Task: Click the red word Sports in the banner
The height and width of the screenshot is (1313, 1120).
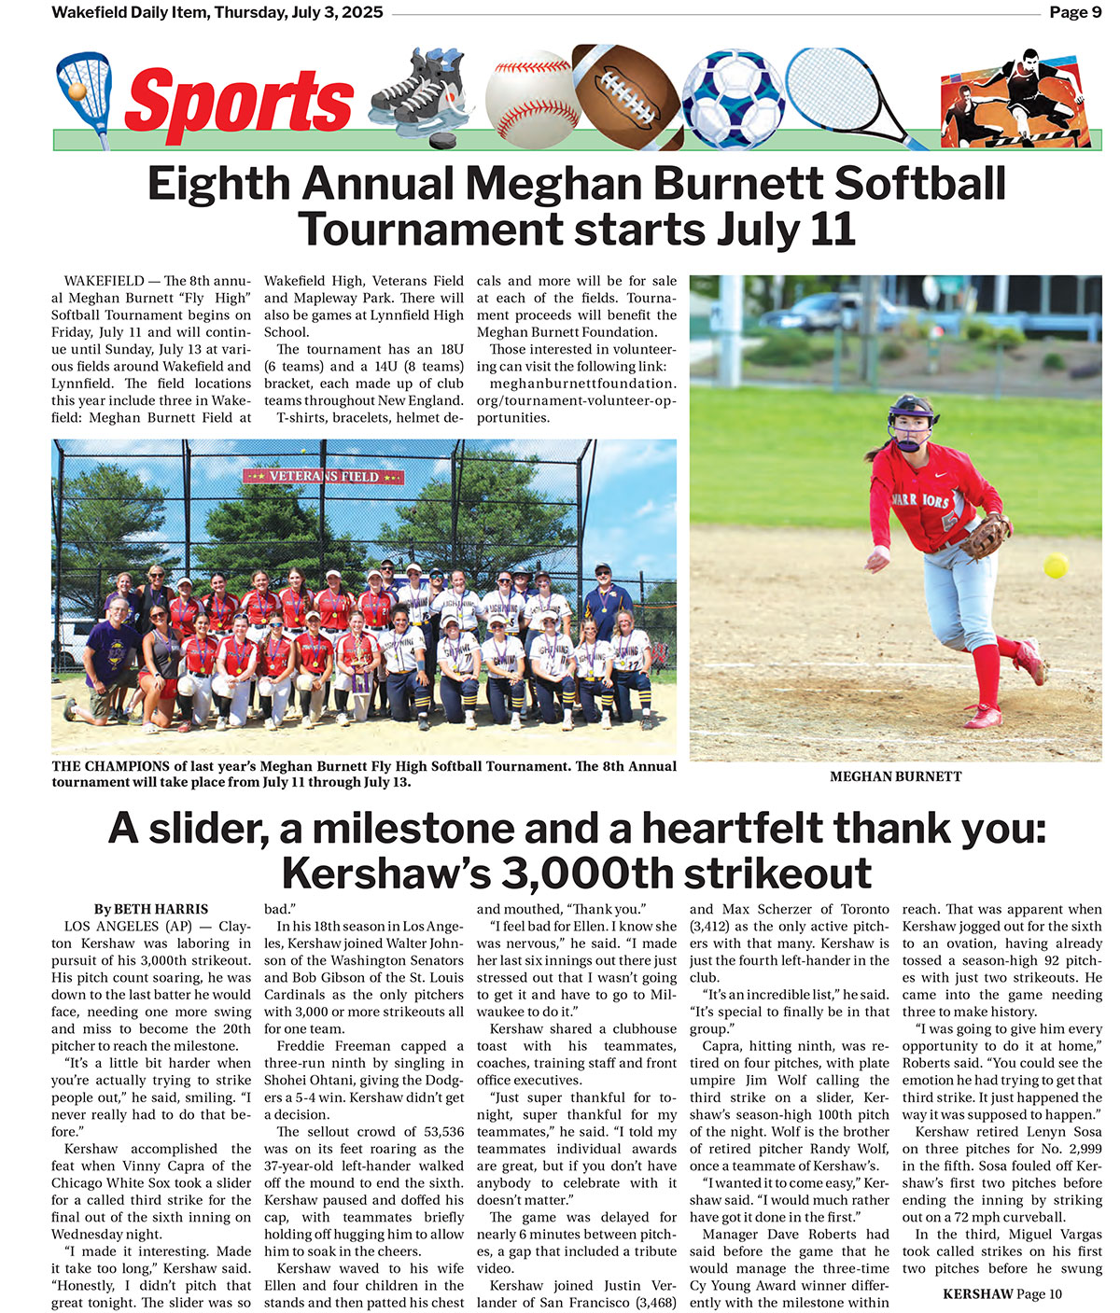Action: [x=239, y=101]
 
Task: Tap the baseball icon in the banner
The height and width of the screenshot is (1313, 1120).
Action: [x=528, y=98]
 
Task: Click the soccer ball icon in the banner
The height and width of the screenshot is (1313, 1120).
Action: [x=733, y=97]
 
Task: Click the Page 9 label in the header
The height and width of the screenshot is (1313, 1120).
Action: [x=1074, y=12]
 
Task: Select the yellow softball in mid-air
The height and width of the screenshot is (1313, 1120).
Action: [x=1056, y=566]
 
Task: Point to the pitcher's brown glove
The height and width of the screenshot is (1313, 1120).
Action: [x=987, y=536]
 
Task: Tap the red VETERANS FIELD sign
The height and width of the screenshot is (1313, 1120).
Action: [x=324, y=476]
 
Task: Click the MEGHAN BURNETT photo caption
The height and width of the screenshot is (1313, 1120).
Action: [x=895, y=776]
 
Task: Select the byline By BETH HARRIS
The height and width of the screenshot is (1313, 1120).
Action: [x=151, y=909]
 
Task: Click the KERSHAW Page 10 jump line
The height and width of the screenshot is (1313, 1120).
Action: [x=1001, y=1293]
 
